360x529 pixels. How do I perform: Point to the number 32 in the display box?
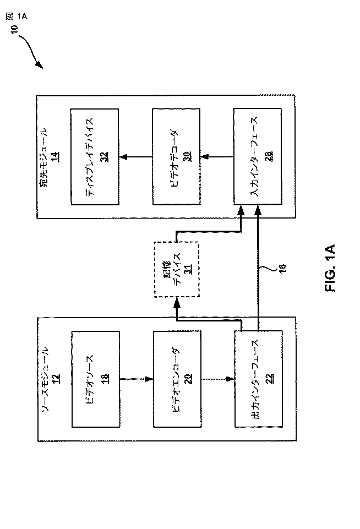tap(103, 157)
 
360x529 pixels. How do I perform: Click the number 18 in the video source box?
tap(103, 379)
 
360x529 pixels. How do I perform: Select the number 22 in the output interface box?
tap(268, 379)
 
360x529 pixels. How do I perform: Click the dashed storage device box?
tap(176, 270)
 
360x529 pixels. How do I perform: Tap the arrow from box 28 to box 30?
tap(217, 157)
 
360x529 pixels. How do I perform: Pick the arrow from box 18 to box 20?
tap(136, 379)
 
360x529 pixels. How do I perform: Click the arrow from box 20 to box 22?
tap(217, 379)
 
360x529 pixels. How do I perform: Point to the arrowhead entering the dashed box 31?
tap(177, 302)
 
